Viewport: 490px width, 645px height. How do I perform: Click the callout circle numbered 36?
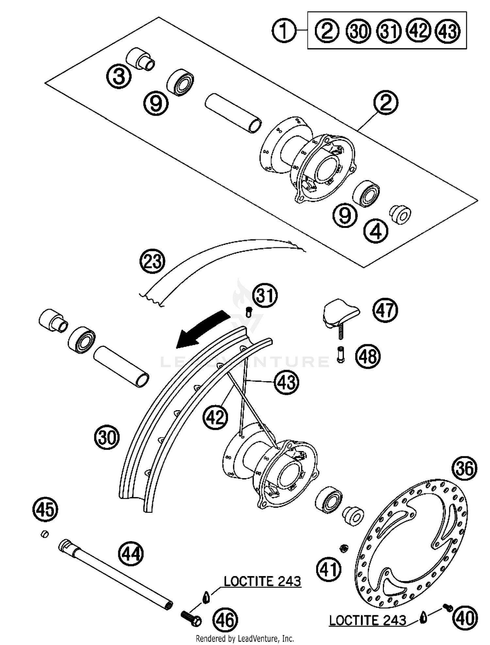[x=464, y=469]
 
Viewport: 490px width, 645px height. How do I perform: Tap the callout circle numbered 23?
[x=152, y=262]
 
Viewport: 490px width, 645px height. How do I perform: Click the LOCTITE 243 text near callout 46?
[x=262, y=581]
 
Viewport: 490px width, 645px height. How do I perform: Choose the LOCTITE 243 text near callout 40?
[x=367, y=620]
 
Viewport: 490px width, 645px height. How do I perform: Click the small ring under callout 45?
[x=45, y=534]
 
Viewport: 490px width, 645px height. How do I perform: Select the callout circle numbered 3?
[x=119, y=76]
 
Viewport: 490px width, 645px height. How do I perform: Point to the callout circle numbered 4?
[x=376, y=232]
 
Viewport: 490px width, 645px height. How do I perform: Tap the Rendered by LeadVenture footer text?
[x=245, y=638]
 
